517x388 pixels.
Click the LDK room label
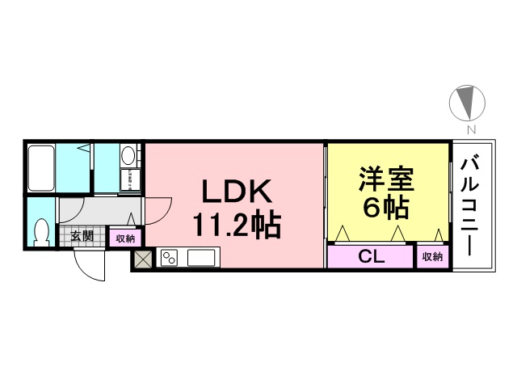(x=237, y=191)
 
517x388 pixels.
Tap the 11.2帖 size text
(x=237, y=225)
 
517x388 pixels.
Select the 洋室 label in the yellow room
(x=386, y=179)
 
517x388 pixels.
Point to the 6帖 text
(x=386, y=208)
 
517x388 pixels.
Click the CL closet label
(x=372, y=256)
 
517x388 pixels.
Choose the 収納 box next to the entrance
(x=125, y=238)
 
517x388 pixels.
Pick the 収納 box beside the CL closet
(x=432, y=256)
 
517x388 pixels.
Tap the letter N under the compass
(x=472, y=129)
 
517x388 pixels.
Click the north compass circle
(x=467, y=103)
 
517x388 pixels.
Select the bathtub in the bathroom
(x=41, y=168)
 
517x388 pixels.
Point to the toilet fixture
(x=41, y=233)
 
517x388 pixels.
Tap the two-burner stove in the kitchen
(x=169, y=257)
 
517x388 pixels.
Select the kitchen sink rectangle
(x=201, y=257)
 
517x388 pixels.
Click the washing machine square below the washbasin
(x=130, y=179)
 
